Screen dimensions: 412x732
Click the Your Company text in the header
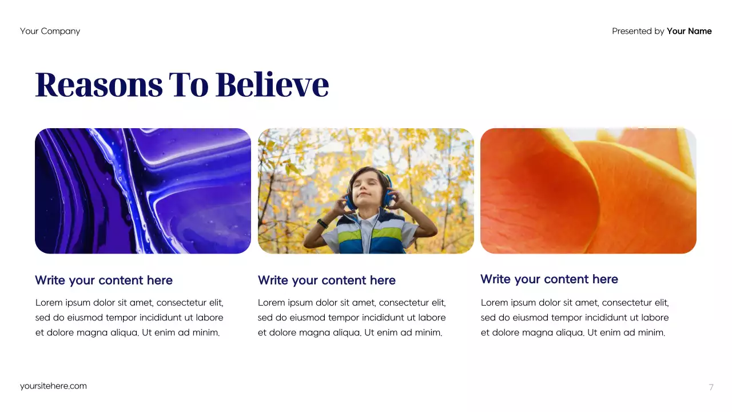50,31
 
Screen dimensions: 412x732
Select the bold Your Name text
689,31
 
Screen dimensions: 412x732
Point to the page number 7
711,387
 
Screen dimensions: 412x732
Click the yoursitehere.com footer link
53,386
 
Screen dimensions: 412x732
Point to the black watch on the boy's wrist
323,223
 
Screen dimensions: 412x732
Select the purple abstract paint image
143,191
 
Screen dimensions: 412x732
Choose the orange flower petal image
588,191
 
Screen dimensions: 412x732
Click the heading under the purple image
104,280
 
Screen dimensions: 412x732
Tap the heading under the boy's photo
327,280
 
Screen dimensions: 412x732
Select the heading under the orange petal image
549,279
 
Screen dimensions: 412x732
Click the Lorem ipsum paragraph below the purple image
129,318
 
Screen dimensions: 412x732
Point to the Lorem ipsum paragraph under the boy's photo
352,318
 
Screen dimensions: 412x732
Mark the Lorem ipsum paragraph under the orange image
575,318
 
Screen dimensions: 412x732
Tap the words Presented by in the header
638,31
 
